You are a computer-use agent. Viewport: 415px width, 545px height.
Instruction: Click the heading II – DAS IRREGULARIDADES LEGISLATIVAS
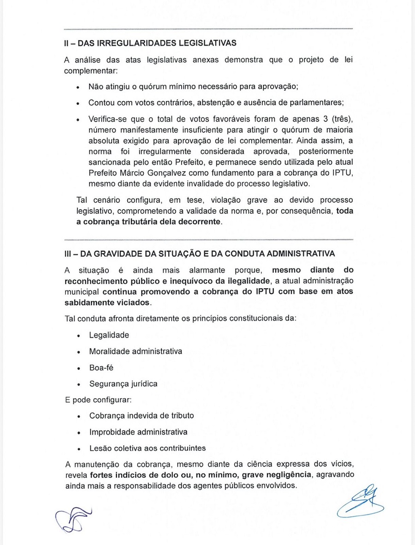point(150,43)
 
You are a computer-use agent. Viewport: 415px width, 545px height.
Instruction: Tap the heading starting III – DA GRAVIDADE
point(200,254)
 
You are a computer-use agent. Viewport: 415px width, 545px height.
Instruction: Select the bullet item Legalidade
point(109,335)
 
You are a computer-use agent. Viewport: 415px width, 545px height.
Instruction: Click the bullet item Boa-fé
point(101,368)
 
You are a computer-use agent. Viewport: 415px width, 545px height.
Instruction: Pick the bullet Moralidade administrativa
point(136,351)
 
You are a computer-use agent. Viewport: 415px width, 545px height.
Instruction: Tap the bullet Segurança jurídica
point(123,384)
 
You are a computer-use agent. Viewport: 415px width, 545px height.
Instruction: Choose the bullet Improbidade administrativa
point(138,432)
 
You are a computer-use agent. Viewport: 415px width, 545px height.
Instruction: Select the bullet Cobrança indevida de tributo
point(142,415)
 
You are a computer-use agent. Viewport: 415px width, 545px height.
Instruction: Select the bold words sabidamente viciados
point(107,302)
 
